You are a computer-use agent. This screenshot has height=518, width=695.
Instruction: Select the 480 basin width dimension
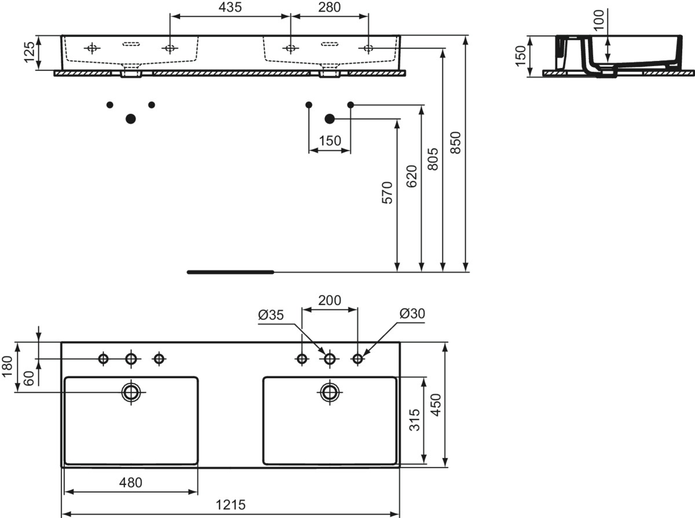(130, 482)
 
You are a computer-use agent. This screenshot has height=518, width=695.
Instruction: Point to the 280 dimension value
(328, 8)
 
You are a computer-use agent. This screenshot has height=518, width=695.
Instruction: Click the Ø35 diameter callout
(270, 314)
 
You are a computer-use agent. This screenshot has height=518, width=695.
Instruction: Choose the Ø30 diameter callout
(412, 314)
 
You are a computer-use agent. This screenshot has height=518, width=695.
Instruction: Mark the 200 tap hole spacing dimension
(329, 300)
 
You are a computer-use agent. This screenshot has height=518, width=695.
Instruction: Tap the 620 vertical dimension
(411, 176)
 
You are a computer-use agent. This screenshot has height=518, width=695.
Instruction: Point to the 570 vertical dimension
(387, 192)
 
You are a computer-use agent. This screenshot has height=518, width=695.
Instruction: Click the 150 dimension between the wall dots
(329, 141)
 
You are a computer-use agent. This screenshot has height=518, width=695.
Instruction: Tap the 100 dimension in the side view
(598, 20)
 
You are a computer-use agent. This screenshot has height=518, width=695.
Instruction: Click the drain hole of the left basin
(131, 392)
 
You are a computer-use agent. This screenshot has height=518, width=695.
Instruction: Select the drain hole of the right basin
(330, 392)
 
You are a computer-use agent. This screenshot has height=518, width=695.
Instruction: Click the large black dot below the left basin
(130, 119)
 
